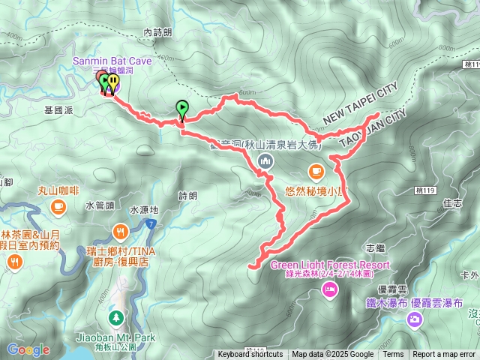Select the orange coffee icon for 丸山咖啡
point(58,205)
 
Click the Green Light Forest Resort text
point(330,265)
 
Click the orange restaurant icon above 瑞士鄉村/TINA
point(119,230)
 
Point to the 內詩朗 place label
point(157,32)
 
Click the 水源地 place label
point(144,210)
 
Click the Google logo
point(28,350)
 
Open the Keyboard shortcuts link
point(250,355)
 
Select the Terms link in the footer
point(393,355)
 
